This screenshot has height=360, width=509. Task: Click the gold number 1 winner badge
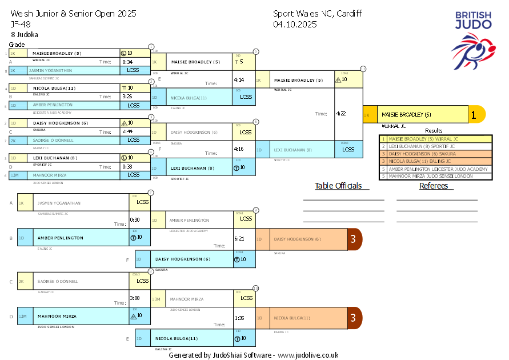pos(474,114)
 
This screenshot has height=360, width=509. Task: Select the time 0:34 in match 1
pos(127,62)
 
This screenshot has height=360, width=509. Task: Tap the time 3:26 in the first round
pos(127,97)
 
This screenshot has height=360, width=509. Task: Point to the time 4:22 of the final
pos(341,114)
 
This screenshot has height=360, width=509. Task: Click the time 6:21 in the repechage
pos(239,239)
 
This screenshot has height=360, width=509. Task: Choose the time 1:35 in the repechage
pos(239,318)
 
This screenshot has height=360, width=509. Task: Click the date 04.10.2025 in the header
pos(295,24)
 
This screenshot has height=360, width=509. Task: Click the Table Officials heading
pos(338,186)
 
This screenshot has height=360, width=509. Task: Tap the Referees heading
pos(433,186)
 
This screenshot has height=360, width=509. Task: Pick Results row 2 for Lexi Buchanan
pos(435,146)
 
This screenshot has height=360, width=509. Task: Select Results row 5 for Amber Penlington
pos(435,169)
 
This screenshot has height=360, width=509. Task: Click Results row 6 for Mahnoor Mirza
pos(435,176)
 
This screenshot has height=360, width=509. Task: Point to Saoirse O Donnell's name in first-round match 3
pos(53,140)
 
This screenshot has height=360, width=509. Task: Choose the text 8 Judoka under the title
pos(25,34)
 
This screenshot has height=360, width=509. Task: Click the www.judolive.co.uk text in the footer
pos(308,355)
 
